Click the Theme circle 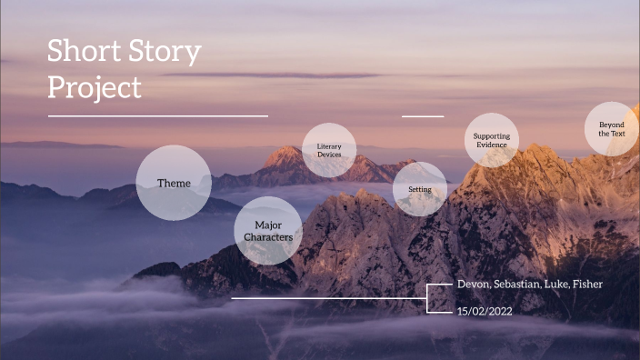[174, 183]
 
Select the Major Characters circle [268, 230]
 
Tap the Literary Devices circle [329, 150]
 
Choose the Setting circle [420, 189]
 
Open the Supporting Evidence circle [492, 140]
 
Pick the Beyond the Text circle [612, 128]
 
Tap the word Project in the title [95, 87]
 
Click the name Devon [474, 285]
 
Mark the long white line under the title [158, 116]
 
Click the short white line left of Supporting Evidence [423, 116]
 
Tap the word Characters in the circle [268, 237]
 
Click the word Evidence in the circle [492, 145]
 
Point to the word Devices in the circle [329, 155]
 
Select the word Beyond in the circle [612, 124]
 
